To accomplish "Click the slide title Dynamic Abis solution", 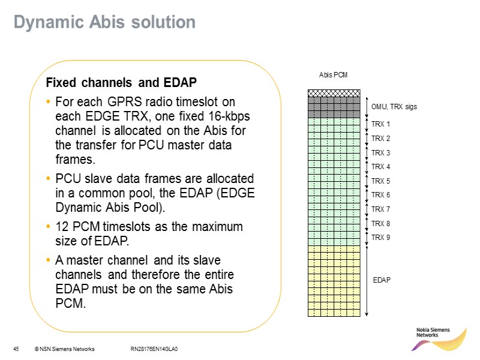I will coord(104,22).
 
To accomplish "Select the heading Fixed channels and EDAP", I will coord(122,82).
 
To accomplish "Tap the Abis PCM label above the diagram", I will coord(332,75).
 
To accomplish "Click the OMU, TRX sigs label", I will coord(394,107).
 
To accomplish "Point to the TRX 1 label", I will coord(380,124).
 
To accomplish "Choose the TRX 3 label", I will coord(380,152).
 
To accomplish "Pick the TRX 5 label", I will coord(380,181).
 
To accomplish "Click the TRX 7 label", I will coord(380,209).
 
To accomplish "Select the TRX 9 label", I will coord(380,238).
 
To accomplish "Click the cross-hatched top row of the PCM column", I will coord(334,93).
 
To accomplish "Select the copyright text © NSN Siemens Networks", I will coord(64,349).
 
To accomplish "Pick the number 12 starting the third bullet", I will coord(61,227).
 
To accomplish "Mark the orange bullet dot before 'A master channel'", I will coord(48,261).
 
